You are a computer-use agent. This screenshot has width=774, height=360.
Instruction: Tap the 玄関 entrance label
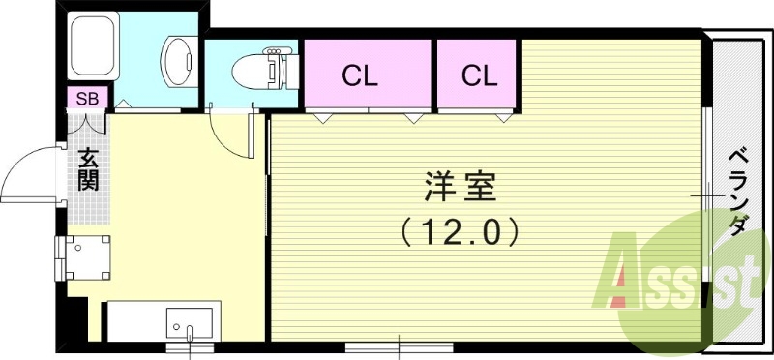click(x=88, y=170)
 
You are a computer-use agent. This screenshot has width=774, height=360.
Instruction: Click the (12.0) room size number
click(x=460, y=231)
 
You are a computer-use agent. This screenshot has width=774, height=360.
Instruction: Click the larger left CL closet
click(x=369, y=74)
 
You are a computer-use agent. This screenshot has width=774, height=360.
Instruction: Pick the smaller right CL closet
click(x=478, y=74)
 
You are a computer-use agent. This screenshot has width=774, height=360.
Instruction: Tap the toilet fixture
click(x=261, y=67)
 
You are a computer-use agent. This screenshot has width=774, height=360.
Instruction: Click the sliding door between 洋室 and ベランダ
click(x=708, y=194)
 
